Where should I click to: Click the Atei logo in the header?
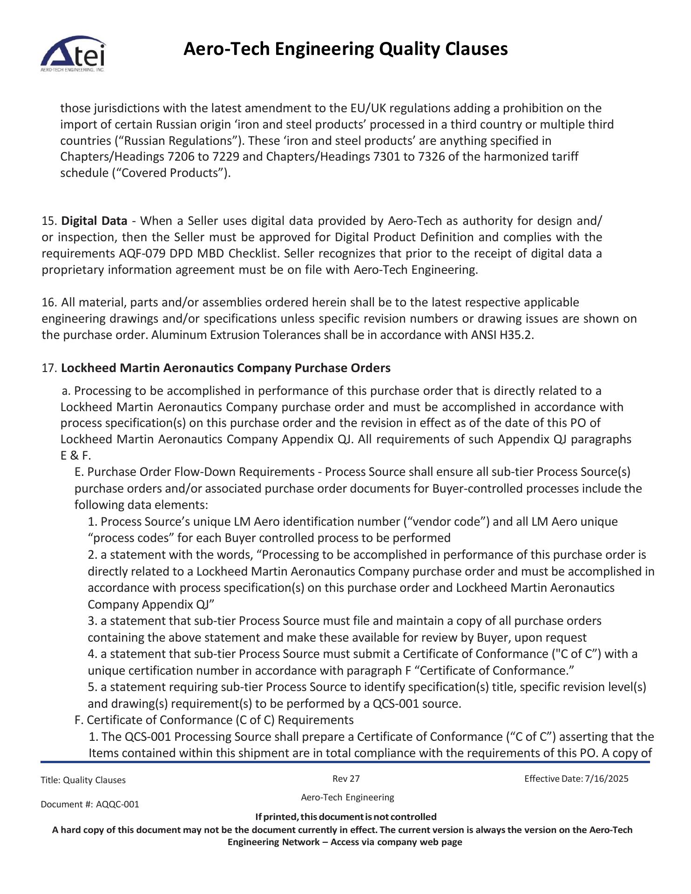73,54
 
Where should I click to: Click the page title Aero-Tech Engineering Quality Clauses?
345,49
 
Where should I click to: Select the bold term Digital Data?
94,221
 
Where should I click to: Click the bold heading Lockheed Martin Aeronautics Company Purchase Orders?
226,368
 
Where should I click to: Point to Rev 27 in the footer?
346,779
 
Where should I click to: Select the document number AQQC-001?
117,805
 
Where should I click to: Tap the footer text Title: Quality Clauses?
83,780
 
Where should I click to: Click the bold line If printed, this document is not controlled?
346,817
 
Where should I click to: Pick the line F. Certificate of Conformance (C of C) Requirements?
214,720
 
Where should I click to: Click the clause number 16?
48,303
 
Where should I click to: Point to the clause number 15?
48,221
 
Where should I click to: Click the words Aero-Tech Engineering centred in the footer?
347,798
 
